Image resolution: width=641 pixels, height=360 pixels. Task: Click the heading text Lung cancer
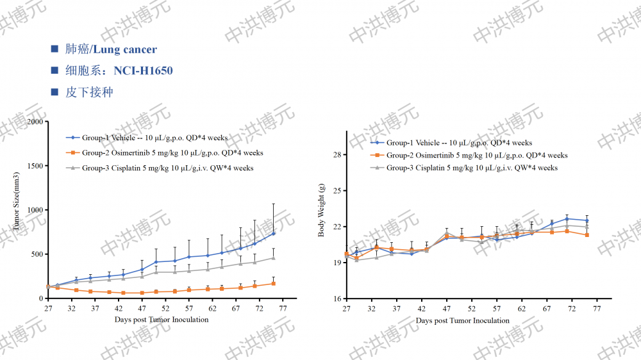pos(125,49)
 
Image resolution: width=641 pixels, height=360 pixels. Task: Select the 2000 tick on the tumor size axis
pos(37,122)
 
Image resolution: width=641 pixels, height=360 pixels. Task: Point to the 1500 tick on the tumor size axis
pos(37,166)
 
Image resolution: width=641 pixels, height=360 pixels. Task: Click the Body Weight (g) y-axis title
pos(322,210)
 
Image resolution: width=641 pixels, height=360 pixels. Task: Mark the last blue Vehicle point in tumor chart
pos(274,233)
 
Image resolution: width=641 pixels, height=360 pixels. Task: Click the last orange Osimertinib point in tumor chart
pos(274,283)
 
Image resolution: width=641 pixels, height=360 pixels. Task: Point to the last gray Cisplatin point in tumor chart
pos(274,258)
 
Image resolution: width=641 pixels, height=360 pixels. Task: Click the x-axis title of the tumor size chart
pos(162,320)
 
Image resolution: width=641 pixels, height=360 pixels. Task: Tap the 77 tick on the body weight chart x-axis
pos(597,309)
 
